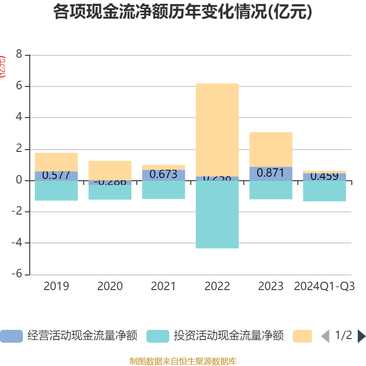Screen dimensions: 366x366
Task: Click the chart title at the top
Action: (183, 12)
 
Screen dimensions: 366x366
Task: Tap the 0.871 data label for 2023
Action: (271, 173)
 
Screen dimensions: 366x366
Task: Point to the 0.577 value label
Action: (56, 175)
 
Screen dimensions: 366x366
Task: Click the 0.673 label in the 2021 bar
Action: (163, 174)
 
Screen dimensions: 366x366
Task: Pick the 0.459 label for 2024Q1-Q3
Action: (324, 176)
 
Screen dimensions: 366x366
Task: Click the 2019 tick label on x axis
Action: (56, 286)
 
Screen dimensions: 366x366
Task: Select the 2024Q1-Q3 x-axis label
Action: (324, 286)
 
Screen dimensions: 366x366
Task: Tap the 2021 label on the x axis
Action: (163, 286)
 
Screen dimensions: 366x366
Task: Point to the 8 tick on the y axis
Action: (19, 54)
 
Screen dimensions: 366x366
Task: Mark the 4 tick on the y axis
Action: (19, 117)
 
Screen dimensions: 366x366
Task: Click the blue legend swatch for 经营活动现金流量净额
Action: (11, 336)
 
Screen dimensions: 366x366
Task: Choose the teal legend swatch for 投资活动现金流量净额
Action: (158, 336)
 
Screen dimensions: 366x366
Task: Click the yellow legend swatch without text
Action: (302, 336)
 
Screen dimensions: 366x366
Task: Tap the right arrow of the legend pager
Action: (361, 336)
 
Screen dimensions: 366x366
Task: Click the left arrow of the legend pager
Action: (325, 336)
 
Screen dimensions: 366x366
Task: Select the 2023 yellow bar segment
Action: (271, 149)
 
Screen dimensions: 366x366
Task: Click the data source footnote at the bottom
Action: (183, 361)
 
